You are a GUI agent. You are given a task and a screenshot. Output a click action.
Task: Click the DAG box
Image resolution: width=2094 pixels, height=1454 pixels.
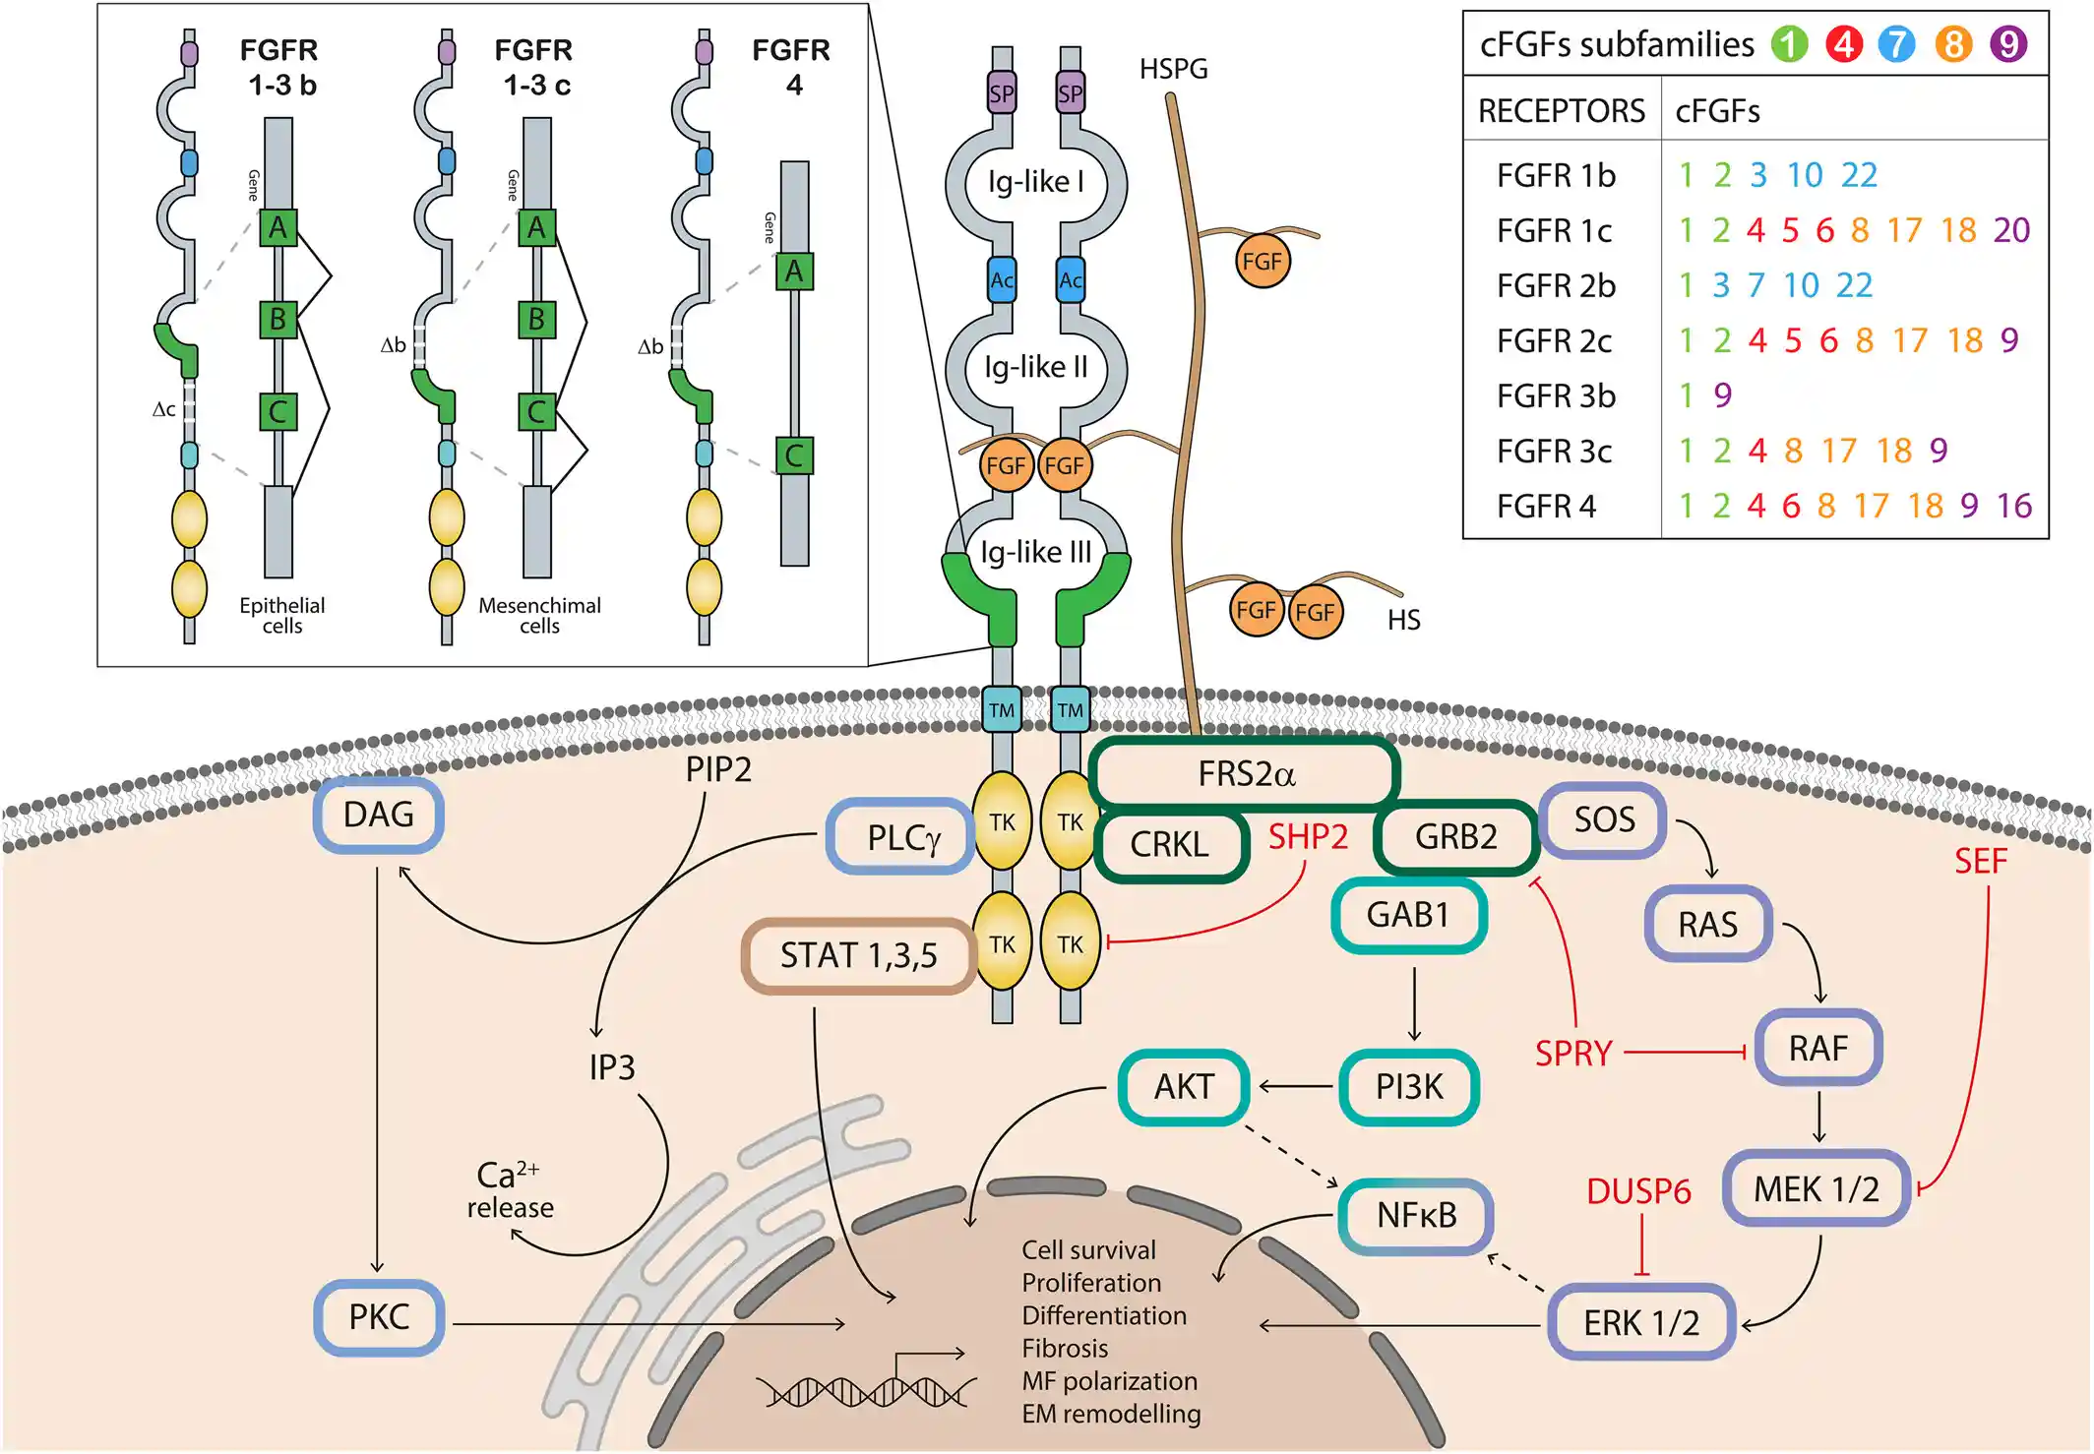[379, 816]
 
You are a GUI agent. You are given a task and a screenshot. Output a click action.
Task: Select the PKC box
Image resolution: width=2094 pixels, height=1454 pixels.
[379, 1317]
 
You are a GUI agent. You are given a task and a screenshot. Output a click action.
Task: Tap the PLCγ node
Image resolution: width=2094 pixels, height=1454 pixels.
[901, 838]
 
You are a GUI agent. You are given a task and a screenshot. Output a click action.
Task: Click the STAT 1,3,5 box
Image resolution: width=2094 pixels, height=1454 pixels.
[858, 955]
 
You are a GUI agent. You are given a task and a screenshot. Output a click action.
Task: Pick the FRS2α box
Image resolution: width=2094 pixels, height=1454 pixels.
[1245, 774]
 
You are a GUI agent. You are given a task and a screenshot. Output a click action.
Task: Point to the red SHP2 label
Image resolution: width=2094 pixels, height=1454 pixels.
[1307, 837]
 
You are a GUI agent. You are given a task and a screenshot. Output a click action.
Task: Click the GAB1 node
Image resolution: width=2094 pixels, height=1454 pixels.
[1408, 915]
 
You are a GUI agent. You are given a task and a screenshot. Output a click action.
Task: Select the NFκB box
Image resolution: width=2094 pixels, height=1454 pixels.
[1416, 1216]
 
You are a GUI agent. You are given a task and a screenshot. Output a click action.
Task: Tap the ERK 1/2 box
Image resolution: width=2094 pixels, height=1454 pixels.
[1640, 1323]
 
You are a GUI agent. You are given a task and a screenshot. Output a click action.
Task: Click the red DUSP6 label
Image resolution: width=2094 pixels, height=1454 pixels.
[1638, 1192]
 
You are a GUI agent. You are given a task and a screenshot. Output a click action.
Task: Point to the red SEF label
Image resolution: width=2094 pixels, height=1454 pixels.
[1980, 862]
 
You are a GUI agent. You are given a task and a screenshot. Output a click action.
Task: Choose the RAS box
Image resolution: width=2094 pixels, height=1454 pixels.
[1707, 925]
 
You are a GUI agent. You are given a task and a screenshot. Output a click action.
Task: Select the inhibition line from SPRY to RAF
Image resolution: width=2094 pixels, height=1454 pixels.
[1685, 1053]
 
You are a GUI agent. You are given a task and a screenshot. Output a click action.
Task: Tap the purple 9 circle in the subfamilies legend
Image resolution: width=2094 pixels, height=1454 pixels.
[2008, 44]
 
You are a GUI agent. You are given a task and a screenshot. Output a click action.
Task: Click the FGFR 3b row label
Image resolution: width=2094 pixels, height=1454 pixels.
[1556, 396]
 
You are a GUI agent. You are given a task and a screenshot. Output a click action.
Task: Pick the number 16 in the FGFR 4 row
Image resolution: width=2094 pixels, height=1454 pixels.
[2013, 506]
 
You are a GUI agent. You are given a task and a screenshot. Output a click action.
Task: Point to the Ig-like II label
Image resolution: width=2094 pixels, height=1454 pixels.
[1035, 367]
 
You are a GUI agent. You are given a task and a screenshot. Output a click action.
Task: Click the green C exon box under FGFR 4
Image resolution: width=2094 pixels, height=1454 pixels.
[794, 455]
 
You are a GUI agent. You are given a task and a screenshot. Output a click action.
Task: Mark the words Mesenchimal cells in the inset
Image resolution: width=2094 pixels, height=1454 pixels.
[539, 616]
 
